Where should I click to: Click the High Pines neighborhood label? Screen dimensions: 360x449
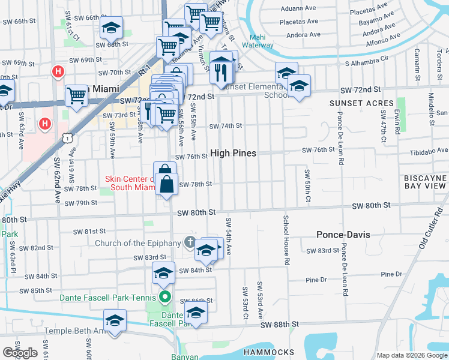(233, 154)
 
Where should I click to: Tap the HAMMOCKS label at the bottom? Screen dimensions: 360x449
(273, 352)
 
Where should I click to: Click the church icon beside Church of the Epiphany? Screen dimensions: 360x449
(190, 242)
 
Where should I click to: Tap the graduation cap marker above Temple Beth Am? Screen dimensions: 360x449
(115, 320)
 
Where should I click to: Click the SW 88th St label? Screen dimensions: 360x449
(280, 325)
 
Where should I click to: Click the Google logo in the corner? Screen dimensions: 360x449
(20, 353)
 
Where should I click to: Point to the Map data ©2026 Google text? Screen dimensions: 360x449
(412, 355)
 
